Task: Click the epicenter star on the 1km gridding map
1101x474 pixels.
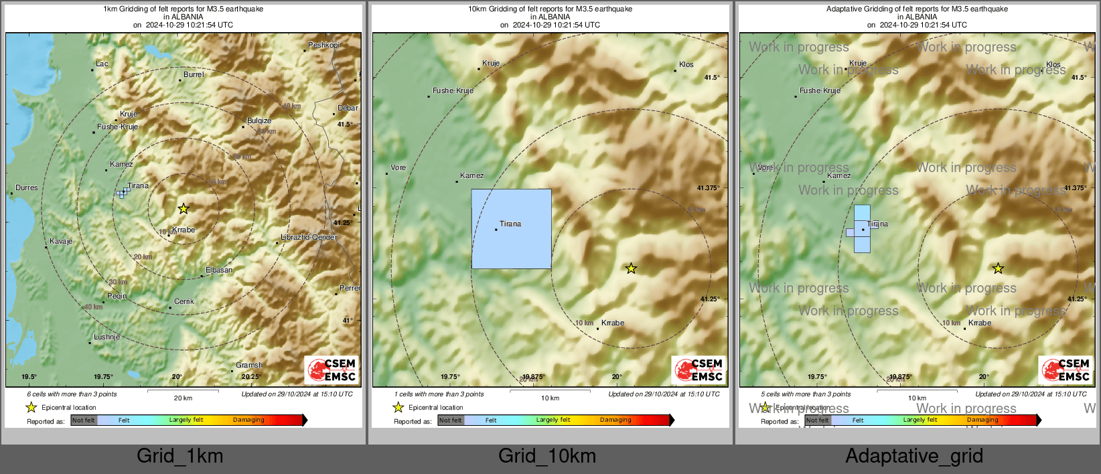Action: click(x=183, y=209)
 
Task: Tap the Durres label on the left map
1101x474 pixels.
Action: click(x=27, y=188)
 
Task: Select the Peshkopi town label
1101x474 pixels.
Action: click(x=324, y=46)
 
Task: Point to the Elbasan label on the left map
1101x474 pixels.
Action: click(x=219, y=270)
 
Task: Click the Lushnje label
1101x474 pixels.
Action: click(x=106, y=337)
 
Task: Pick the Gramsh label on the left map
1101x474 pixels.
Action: click(x=249, y=366)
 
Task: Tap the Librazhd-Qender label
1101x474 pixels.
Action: click(x=309, y=238)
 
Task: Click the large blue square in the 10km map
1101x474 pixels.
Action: click(x=511, y=229)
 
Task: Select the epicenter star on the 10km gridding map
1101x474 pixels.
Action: click(x=631, y=268)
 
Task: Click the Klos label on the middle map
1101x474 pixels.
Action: click(x=686, y=65)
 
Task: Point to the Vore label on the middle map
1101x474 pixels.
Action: click(x=398, y=168)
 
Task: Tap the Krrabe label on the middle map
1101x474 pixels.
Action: click(x=613, y=323)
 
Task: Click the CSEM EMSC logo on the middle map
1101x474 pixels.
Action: click(x=699, y=370)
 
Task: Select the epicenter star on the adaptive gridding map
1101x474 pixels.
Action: click(x=998, y=268)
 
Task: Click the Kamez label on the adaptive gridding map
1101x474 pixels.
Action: click(x=839, y=176)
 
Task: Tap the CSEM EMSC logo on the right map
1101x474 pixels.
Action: click(x=1066, y=370)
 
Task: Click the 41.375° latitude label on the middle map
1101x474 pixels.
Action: click(x=709, y=188)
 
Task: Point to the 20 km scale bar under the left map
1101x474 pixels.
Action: click(x=183, y=392)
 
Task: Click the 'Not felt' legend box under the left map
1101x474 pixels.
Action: click(x=84, y=420)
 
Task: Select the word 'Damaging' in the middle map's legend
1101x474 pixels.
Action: click(x=615, y=420)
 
